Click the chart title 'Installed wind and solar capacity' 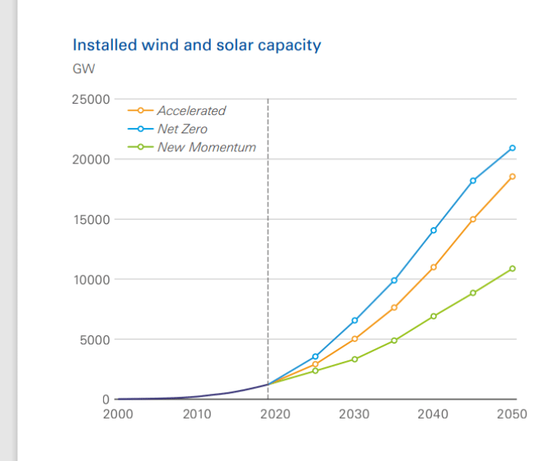click(196, 45)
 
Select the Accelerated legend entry click(191, 111)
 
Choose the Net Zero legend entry click(182, 129)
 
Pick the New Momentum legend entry click(206, 147)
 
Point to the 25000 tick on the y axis click(91, 99)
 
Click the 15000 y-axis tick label click(91, 220)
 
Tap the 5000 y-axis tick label click(94, 339)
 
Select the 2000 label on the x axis click(117, 414)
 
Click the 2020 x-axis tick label click(276, 414)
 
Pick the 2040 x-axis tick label click(434, 414)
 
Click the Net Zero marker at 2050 click(512, 148)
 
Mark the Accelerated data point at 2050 click(512, 176)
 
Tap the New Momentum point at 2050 click(512, 269)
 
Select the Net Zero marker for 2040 click(434, 230)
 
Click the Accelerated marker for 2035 click(394, 307)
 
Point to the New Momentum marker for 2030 click(355, 359)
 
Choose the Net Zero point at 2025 click(315, 357)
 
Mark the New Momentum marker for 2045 click(473, 293)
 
